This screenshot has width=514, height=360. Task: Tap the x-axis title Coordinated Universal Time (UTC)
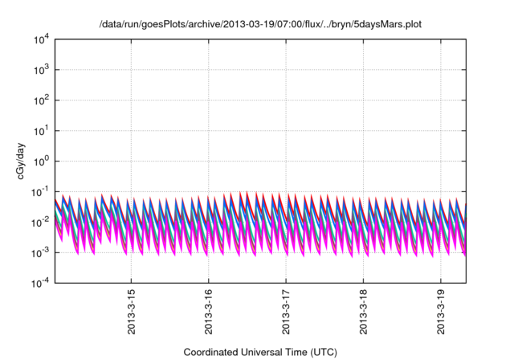pos(260,352)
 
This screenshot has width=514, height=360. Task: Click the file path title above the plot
pos(260,25)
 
